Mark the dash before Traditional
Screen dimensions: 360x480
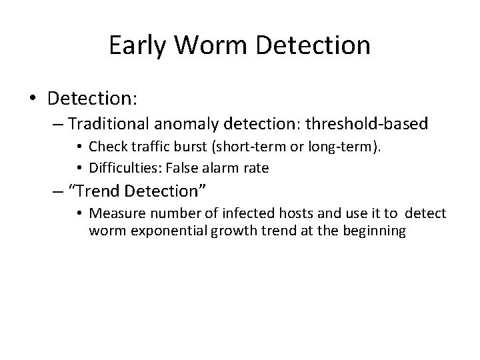pyautogui.click(x=57, y=125)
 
